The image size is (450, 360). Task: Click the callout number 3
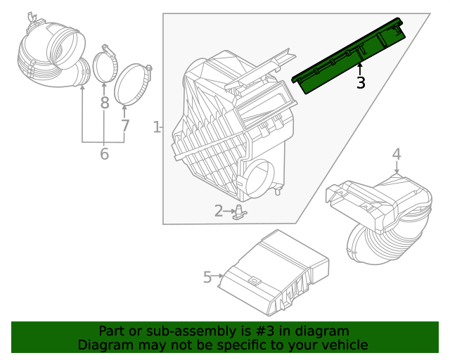pos(361,83)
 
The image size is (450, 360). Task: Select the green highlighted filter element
pos(348,55)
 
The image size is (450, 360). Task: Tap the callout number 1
pos(156,127)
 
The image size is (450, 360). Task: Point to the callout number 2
pos(219,210)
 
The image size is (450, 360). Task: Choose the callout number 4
pos(397,153)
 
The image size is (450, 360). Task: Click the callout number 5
pos(207,277)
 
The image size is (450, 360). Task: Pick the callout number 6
pos(104,153)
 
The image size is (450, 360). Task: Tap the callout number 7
pos(125,127)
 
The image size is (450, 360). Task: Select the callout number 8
pos(104,103)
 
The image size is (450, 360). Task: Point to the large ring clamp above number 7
pos(132,84)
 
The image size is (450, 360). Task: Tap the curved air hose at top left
pos(53,53)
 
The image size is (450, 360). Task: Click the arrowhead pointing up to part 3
pos(361,66)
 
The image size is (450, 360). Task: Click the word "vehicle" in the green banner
pos(343,345)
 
